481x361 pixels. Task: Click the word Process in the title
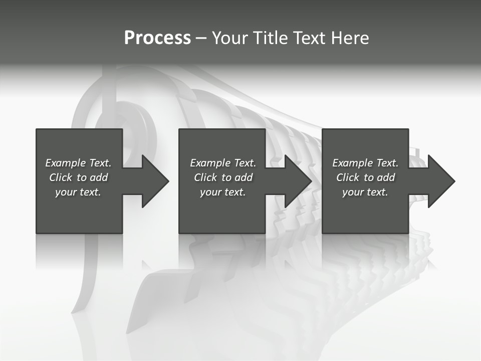[x=157, y=38]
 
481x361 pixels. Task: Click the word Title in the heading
[x=270, y=38]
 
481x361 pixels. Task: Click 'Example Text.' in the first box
[x=78, y=163]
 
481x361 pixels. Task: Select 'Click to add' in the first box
[x=78, y=177]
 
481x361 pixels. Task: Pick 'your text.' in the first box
[x=78, y=192]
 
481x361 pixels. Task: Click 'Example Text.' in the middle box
[x=222, y=163]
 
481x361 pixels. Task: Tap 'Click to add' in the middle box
[x=222, y=177]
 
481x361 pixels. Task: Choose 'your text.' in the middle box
[x=222, y=192]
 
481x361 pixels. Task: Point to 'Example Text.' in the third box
[x=365, y=163]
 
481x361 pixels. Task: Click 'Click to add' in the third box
[x=365, y=177]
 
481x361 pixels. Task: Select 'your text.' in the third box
[x=365, y=192]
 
